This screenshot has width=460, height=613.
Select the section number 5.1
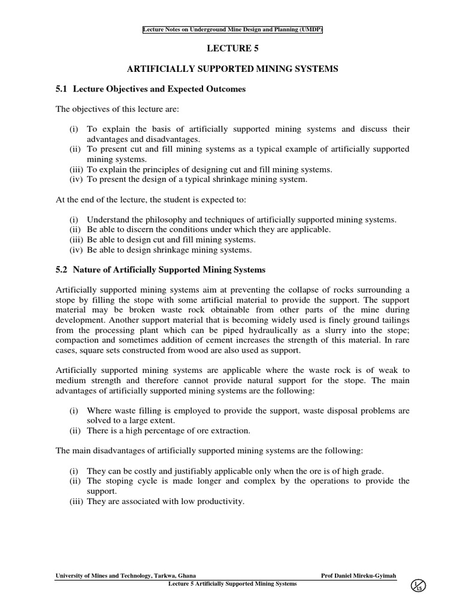tap(62, 89)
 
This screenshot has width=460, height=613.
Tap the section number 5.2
tap(62, 270)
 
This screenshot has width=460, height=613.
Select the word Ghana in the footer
tap(183, 575)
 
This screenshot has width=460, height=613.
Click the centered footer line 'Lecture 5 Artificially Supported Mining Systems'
tap(233, 584)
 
